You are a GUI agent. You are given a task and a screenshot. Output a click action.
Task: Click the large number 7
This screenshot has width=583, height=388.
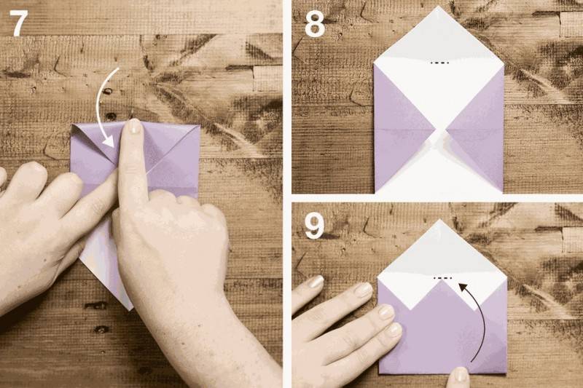pos(19,23)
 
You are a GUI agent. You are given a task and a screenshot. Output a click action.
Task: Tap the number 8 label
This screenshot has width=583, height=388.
pos(315,24)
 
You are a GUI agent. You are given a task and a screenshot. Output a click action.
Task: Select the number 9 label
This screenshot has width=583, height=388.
pos(314,226)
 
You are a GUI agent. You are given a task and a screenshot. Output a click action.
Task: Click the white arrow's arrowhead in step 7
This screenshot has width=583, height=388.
pos(109,141)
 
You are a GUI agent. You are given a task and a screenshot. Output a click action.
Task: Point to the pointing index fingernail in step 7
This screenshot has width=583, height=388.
pos(134,126)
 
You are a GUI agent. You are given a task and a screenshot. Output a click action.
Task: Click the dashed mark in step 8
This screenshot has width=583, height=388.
pos(439,63)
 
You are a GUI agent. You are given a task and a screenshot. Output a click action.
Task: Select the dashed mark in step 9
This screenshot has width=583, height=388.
pos(442,278)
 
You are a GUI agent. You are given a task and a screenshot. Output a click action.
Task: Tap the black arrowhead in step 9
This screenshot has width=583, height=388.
pos(463,287)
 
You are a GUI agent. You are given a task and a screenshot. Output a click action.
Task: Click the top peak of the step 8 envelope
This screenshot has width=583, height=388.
pos(439,7)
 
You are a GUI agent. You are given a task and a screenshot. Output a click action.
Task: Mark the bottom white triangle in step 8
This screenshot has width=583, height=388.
pos(439,171)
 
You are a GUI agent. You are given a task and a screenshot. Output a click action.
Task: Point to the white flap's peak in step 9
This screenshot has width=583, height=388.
pos(440,220)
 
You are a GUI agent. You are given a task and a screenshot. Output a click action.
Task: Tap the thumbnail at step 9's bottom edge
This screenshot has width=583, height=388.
pos(460,376)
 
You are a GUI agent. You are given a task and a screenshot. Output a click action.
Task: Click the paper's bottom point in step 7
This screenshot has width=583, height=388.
pos(130,309)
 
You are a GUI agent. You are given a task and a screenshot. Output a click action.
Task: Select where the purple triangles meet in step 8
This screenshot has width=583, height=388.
pos(441,130)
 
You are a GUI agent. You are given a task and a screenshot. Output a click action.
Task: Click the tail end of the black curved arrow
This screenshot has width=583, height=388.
pos(472,361)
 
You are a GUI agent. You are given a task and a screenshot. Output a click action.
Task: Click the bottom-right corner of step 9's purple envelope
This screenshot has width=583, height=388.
pos(506,373)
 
